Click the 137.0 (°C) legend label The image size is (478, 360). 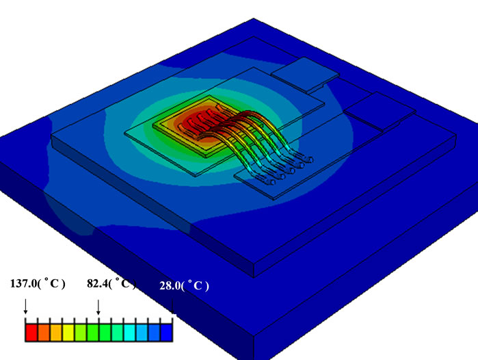pyautogui.click(x=37, y=284)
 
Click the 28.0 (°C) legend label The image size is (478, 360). pyautogui.click(x=183, y=287)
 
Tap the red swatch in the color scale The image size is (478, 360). pyautogui.click(x=31, y=333)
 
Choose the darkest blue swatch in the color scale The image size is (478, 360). pyautogui.click(x=166, y=333)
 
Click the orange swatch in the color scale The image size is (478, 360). pyautogui.click(x=44, y=333)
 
